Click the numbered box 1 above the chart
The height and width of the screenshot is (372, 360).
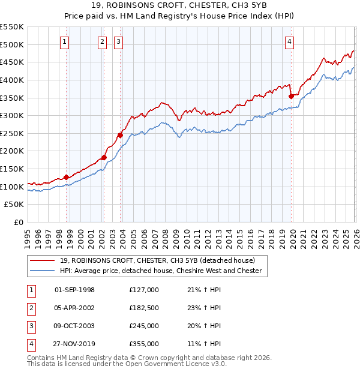64,41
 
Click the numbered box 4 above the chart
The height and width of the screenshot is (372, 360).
289,41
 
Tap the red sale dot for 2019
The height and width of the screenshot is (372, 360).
291,95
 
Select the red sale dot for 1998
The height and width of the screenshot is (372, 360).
66,177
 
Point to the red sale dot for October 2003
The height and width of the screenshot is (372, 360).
120,135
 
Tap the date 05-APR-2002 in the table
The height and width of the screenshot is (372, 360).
74,308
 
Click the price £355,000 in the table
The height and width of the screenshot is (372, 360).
143,344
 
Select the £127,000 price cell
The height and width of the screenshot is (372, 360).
143,290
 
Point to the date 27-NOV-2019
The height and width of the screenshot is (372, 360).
74,344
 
